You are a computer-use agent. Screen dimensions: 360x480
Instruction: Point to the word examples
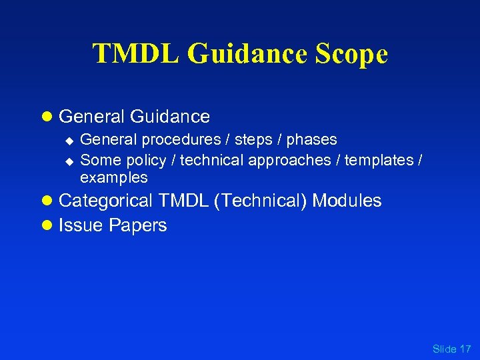click(114, 178)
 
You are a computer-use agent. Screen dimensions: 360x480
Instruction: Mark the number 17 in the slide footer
click(465, 349)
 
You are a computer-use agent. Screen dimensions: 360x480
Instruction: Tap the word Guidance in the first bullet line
click(170, 117)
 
